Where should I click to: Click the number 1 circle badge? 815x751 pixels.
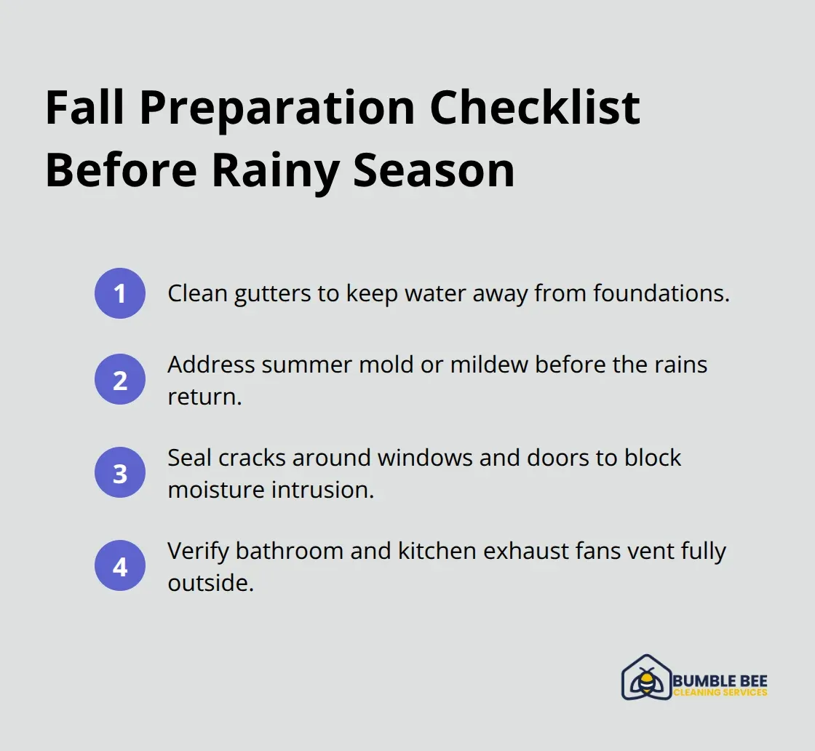click(x=120, y=293)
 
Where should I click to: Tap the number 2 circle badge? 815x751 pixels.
click(x=120, y=379)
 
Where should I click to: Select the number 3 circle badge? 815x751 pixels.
click(x=120, y=473)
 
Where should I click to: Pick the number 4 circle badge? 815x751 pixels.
click(x=120, y=565)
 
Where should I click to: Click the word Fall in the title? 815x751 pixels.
click(x=86, y=108)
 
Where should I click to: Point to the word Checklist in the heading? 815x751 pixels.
click(x=535, y=108)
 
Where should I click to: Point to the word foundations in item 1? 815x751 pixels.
click(x=661, y=294)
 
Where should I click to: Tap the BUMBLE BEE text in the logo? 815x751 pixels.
click(x=720, y=680)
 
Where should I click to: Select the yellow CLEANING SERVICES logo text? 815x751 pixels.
click(x=720, y=693)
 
